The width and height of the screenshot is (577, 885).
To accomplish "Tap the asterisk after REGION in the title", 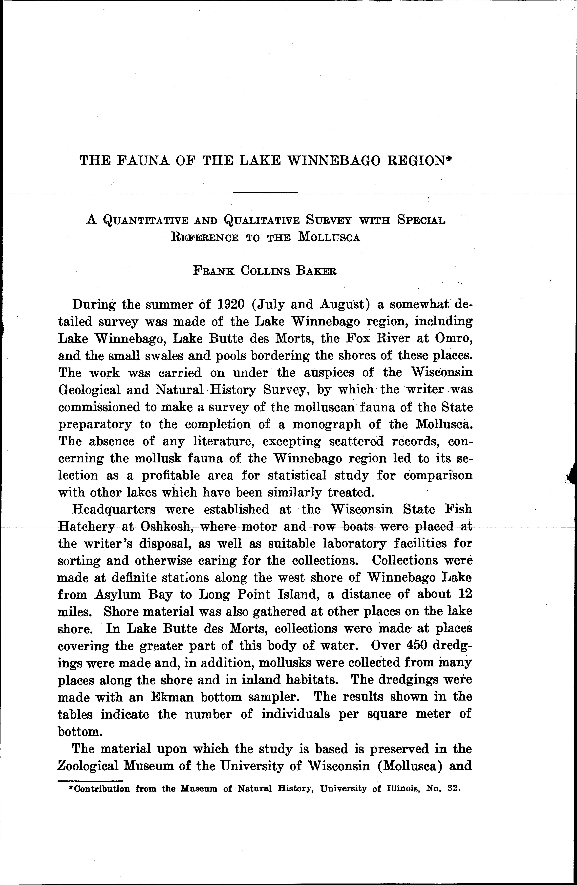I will [448, 158].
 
